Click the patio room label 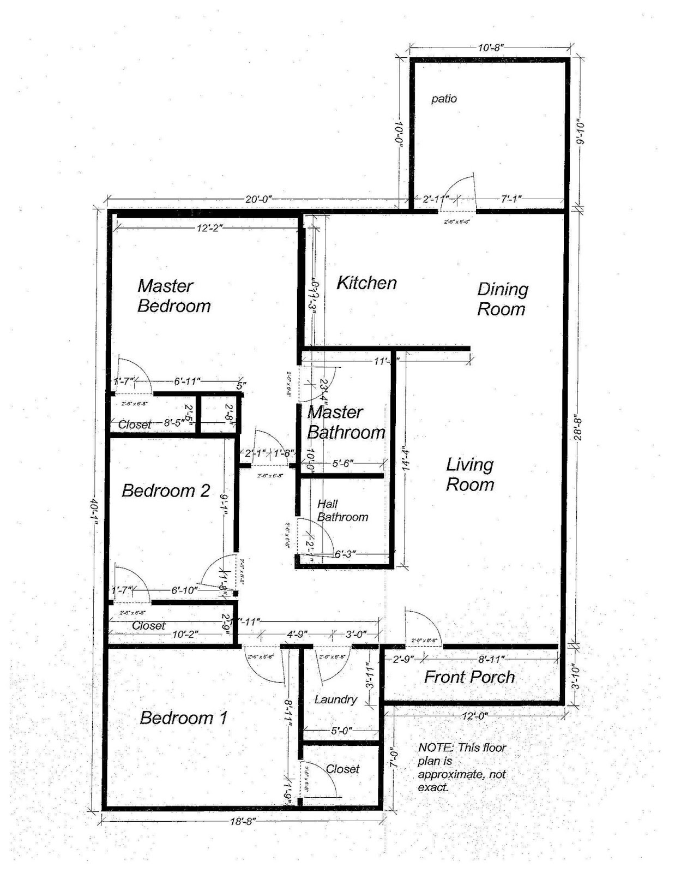pyautogui.click(x=444, y=99)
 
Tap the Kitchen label pyautogui.click(x=366, y=283)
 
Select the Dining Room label pyautogui.click(x=502, y=299)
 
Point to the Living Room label pyautogui.click(x=470, y=474)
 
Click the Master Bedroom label pyautogui.click(x=173, y=296)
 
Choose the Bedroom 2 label pyautogui.click(x=166, y=491)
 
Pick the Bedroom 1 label pyautogui.click(x=183, y=717)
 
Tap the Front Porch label pyautogui.click(x=469, y=677)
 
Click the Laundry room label pyautogui.click(x=335, y=699)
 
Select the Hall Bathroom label pyautogui.click(x=342, y=511)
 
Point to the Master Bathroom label pyautogui.click(x=346, y=422)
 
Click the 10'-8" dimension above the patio pyautogui.click(x=490, y=47)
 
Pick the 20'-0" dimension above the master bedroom pyautogui.click(x=258, y=200)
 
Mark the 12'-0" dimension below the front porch pyautogui.click(x=473, y=716)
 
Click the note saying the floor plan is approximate pyautogui.click(x=461, y=767)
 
